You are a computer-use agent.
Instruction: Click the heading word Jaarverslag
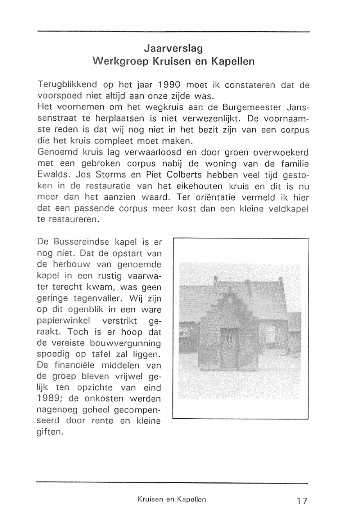[173, 48]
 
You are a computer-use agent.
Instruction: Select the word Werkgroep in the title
[120, 61]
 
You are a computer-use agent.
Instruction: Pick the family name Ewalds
[54, 175]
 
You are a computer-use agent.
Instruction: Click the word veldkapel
[288, 209]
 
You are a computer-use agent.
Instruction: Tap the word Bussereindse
[81, 242]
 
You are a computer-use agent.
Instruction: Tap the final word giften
[50, 432]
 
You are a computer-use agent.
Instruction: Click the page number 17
[302, 501]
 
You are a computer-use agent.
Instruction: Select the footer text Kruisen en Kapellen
[172, 499]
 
